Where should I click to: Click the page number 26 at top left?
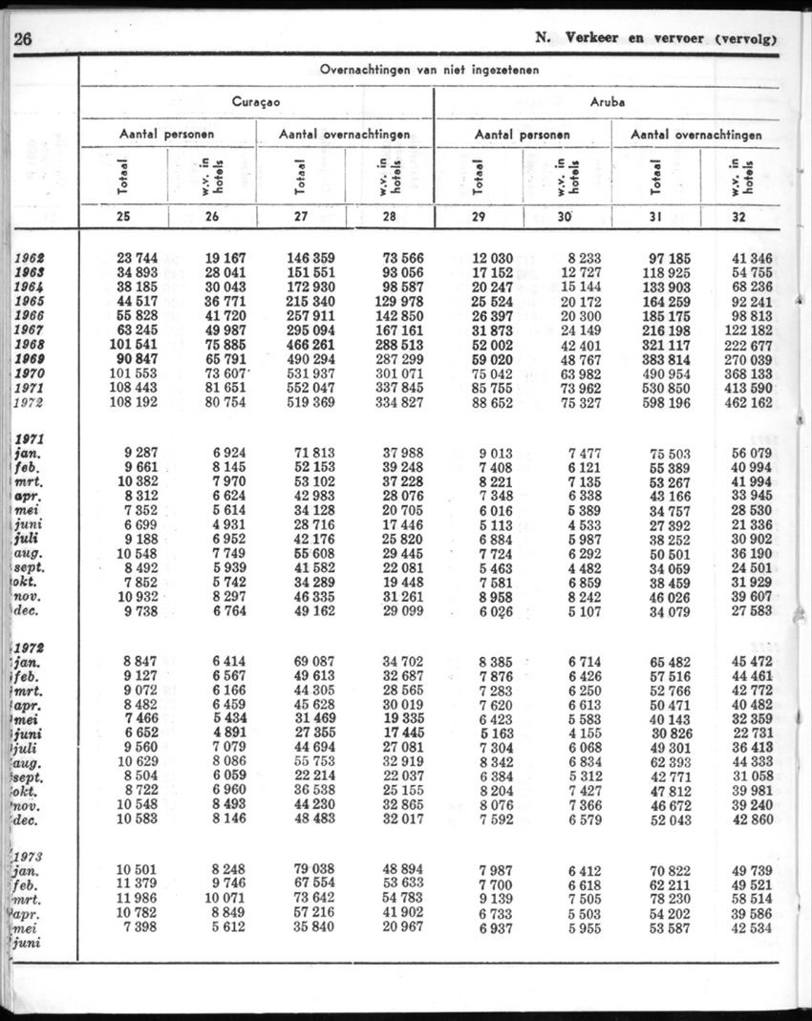point(22,39)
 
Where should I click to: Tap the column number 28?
point(389,217)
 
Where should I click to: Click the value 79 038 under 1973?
point(311,868)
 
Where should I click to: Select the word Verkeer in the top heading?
point(597,39)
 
